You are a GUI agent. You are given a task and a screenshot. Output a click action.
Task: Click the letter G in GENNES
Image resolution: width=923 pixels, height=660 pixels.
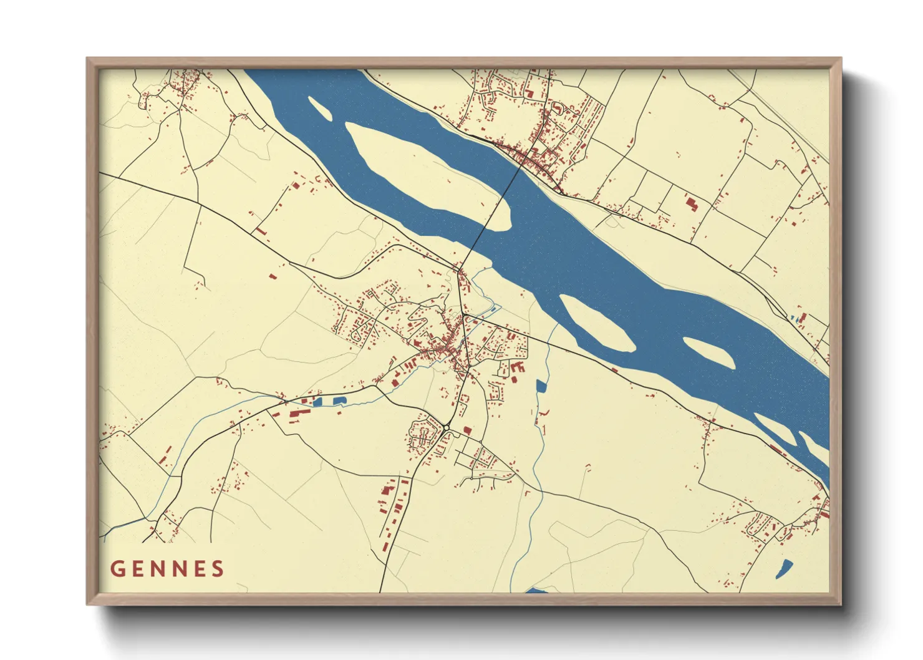click(x=117, y=569)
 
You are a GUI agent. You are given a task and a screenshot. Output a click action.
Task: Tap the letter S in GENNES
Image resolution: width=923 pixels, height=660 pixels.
click(x=218, y=569)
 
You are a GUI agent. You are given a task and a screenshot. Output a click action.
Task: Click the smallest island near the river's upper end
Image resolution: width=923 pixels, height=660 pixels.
click(x=319, y=107)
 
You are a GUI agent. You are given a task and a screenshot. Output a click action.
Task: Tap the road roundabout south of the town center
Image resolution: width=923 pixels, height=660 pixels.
click(x=447, y=427)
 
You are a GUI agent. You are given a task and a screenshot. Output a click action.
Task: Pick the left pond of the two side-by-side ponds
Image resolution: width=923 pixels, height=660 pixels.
click(x=317, y=402)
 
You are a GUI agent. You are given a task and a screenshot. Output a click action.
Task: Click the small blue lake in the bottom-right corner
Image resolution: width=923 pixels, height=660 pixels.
click(x=784, y=568)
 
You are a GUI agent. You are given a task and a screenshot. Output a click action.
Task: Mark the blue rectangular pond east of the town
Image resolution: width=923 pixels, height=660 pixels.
click(x=541, y=386)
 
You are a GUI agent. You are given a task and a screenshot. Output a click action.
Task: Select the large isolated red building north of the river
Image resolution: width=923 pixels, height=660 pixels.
click(x=691, y=203)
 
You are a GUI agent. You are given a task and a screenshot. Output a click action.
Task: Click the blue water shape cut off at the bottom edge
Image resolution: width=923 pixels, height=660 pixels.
click(x=536, y=590)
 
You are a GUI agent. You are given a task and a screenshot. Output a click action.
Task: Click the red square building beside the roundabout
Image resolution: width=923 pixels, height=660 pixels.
click(x=467, y=430)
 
